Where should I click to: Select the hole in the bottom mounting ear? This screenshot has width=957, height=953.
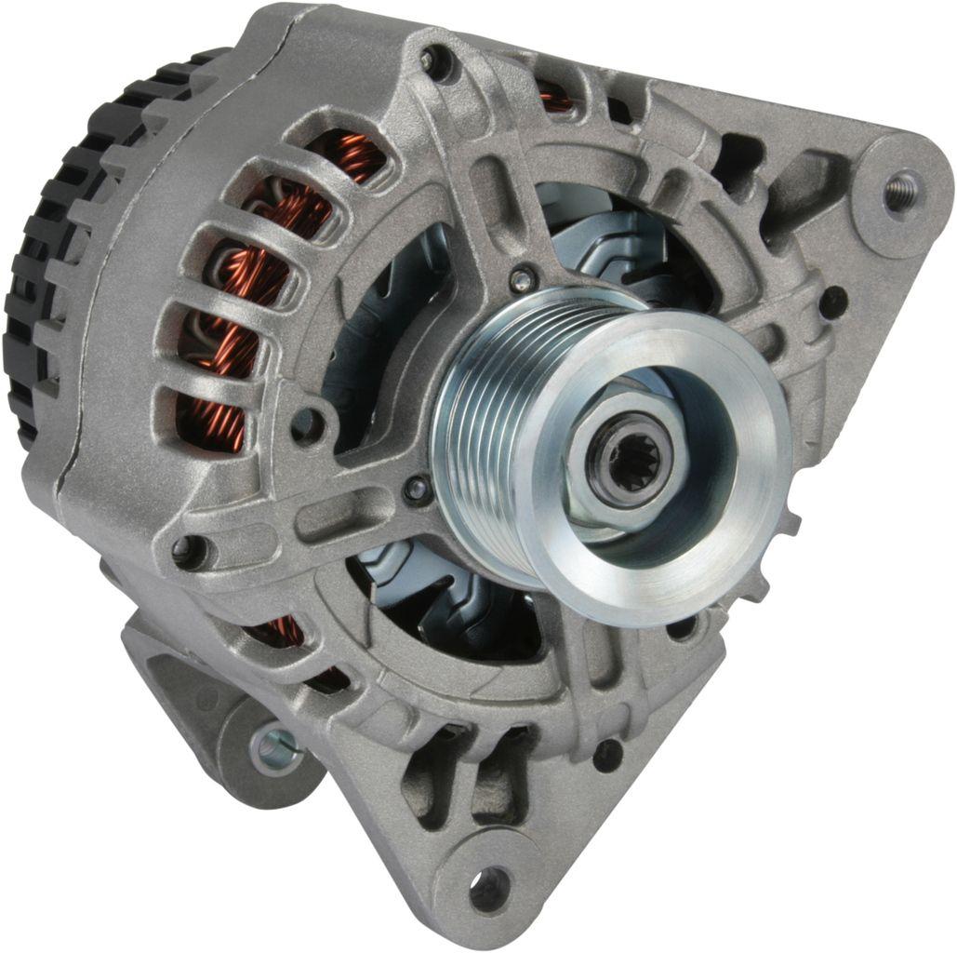[490, 886]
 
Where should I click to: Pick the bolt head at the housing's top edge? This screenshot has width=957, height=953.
[433, 61]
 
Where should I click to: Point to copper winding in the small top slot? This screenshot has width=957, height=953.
[556, 96]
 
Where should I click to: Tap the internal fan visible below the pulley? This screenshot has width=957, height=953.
[437, 596]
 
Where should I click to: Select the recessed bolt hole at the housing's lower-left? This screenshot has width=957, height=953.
[189, 551]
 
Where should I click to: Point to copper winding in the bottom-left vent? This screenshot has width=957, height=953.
[279, 633]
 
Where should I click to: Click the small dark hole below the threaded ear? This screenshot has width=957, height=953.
[833, 300]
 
